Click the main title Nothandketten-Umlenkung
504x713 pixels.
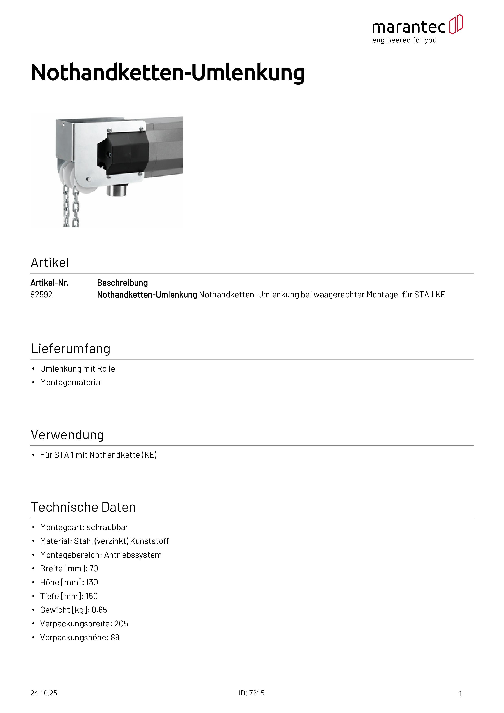tap(168, 73)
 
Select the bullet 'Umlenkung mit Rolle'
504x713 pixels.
tap(78, 369)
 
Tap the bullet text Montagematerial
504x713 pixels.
tap(71, 382)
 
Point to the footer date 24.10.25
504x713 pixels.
tap(44, 693)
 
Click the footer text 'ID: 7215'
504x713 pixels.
tap(252, 693)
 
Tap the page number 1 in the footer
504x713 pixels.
tap(460, 693)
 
